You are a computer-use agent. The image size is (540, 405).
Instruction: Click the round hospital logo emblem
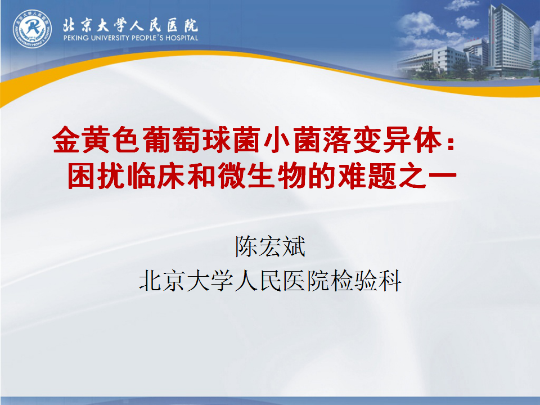click(33, 29)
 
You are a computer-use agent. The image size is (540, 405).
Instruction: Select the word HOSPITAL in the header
click(182, 38)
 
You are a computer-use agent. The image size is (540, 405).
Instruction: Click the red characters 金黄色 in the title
click(97, 139)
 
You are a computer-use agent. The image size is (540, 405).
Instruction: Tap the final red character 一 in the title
click(442, 175)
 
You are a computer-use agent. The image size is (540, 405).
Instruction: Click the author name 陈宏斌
click(271, 246)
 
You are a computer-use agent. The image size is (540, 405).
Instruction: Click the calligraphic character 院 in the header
click(191, 25)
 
